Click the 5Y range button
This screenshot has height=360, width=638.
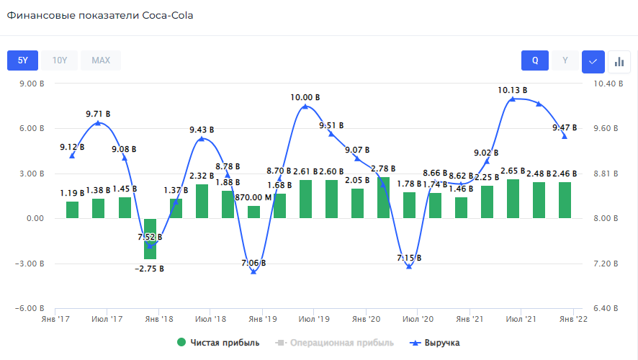click(22, 60)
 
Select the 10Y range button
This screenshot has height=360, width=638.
click(60, 60)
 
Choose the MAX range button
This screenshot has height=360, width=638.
click(101, 60)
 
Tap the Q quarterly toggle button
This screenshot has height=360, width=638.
click(535, 61)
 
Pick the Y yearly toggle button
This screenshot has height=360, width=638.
click(565, 61)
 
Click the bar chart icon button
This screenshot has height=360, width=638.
click(619, 61)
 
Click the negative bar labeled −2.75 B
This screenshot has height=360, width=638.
click(150, 239)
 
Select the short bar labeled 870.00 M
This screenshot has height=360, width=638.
click(253, 212)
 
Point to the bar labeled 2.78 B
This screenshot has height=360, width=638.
click(383, 197)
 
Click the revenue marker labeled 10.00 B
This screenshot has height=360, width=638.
click(305, 107)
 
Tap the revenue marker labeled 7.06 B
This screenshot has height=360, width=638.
click(253, 271)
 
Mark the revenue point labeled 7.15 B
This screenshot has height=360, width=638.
click(409, 266)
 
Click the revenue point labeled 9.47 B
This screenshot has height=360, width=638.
click(565, 136)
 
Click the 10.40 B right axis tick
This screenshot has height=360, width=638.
click(603, 84)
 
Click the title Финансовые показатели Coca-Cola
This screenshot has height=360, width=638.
click(100, 15)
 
